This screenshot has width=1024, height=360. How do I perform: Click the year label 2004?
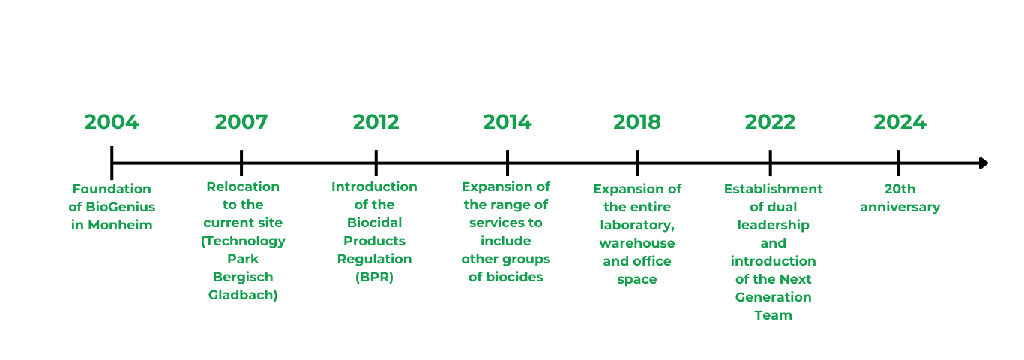tap(112, 122)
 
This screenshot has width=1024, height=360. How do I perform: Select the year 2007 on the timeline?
tap(241, 122)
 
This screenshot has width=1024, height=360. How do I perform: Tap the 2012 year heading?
tap(376, 122)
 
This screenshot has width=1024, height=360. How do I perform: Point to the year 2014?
tap(508, 122)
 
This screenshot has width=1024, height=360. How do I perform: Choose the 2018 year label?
tap(636, 122)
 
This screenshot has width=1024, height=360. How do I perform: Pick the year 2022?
tap(771, 122)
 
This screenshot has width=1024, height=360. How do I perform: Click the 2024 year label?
tap(900, 122)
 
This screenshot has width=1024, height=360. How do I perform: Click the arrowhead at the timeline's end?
tap(984, 163)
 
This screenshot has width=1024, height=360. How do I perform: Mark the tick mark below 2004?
tap(112, 163)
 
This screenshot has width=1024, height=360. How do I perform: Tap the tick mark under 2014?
tap(508, 163)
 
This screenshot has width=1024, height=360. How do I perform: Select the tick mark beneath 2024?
tap(898, 163)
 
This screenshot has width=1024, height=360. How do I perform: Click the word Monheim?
tap(120, 225)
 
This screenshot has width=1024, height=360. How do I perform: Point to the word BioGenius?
tap(120, 207)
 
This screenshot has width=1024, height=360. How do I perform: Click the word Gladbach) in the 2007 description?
tap(243, 295)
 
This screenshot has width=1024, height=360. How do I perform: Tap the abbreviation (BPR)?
tap(374, 277)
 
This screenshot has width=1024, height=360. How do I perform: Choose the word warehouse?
tap(636, 243)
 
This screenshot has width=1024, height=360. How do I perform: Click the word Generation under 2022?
tap(773, 297)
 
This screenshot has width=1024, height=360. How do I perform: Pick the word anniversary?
tap(900, 208)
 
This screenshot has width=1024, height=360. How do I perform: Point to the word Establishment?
tap(773, 189)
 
